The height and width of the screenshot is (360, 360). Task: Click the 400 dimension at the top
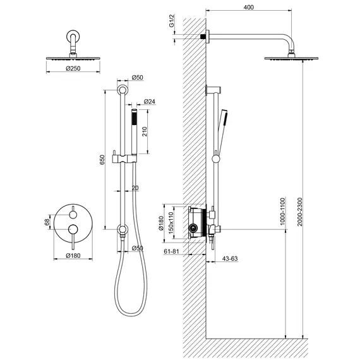(x=249, y=8)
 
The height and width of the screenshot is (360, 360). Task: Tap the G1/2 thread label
(x=172, y=21)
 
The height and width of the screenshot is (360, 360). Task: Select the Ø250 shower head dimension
(x=73, y=68)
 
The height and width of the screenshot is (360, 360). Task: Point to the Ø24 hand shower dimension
(x=150, y=101)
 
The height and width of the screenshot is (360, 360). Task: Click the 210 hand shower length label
(x=145, y=131)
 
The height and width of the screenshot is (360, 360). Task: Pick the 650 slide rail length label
(x=102, y=160)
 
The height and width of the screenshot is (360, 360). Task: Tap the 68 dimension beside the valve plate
(x=47, y=222)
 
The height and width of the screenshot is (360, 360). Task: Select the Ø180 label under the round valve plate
(x=73, y=256)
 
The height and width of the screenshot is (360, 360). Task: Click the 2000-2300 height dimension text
(x=300, y=212)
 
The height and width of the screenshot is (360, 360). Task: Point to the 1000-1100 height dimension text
(x=282, y=212)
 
